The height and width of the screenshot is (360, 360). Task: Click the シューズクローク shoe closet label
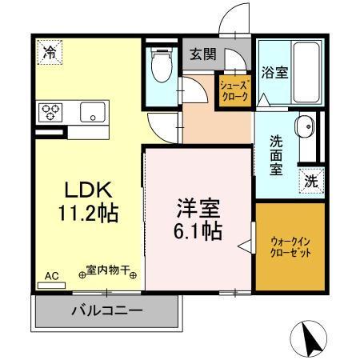pos(235,90)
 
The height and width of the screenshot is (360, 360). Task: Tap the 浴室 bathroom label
pos(274,73)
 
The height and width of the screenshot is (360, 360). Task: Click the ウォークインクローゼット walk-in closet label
pos(290,246)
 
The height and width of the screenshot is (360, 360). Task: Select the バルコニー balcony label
pos(106,310)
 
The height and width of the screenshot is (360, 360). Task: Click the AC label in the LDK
pos(51,277)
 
